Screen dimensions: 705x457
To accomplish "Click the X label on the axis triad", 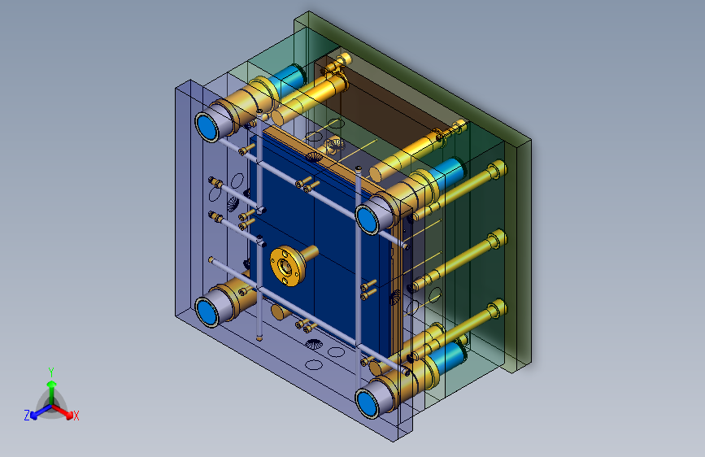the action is pos(76,416).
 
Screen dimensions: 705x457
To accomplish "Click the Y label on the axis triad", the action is pos(51,372).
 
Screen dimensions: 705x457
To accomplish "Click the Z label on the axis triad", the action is pos(27,416).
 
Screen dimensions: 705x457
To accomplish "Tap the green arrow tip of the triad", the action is pos(52,384).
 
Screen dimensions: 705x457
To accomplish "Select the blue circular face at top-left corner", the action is pos(207,126).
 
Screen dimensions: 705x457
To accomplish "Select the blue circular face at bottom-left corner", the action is pos(207,311).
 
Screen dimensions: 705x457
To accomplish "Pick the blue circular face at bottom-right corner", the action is pos(368,403).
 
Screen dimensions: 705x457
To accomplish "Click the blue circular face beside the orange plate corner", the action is pos(368,219).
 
